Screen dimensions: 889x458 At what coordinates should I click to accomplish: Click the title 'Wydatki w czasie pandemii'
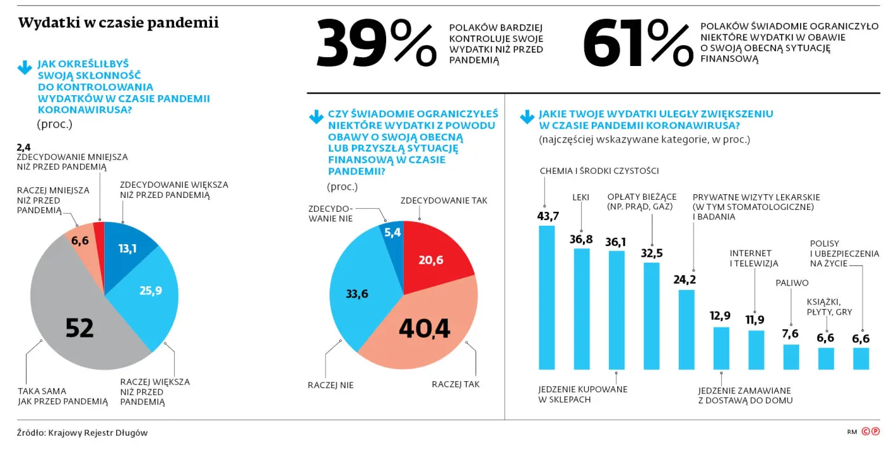(x=118, y=23)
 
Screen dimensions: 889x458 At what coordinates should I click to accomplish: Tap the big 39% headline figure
(x=376, y=44)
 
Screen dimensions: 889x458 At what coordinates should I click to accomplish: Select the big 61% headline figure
(x=638, y=44)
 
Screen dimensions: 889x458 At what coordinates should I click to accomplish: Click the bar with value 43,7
(x=547, y=298)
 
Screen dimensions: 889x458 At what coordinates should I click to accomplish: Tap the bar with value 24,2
(x=686, y=329)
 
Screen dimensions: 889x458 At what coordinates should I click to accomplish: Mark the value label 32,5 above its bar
(x=652, y=253)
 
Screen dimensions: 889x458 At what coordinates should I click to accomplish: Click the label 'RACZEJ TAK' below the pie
(x=455, y=384)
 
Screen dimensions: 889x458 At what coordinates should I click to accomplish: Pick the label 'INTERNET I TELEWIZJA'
(x=754, y=258)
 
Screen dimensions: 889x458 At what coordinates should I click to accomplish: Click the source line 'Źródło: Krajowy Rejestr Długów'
(x=82, y=433)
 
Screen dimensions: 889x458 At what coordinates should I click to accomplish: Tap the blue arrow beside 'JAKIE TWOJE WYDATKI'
(x=527, y=117)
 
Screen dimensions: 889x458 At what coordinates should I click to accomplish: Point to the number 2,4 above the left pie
(x=24, y=148)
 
